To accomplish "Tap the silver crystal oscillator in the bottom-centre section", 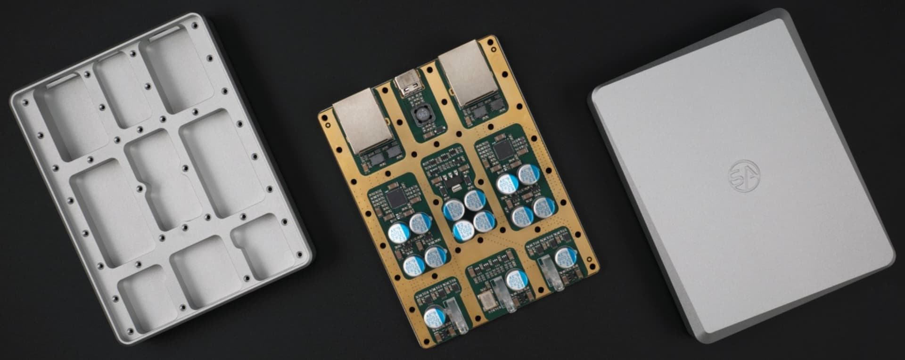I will [x=485, y=300].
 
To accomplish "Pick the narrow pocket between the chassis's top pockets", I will [x=117, y=90].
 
